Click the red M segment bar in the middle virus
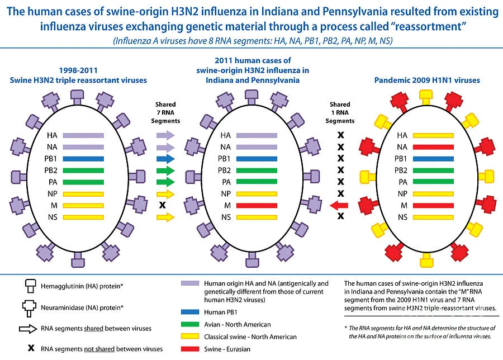coord(257,205)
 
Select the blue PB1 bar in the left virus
coord(83,159)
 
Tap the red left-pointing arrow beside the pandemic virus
coord(339,205)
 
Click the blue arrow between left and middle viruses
coord(165,159)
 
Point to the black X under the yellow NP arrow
coord(163,205)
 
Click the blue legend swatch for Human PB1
coord(190,312)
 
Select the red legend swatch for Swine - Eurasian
coord(190,349)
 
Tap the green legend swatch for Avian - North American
coord(190,325)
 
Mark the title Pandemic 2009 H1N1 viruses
coord(428,80)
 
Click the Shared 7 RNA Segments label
coord(165,112)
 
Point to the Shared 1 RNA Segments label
coord(340,112)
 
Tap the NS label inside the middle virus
coord(225,217)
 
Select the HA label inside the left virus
coord(52,135)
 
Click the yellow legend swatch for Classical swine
coord(190,337)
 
